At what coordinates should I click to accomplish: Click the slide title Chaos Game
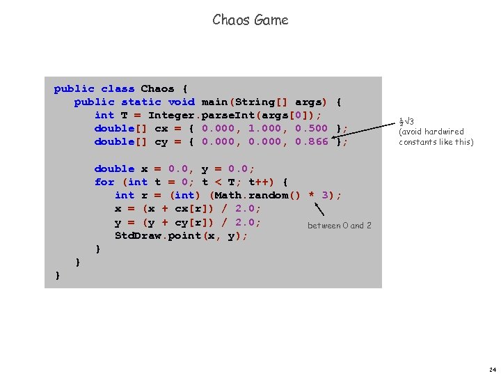[250, 20]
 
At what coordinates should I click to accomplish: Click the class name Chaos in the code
[158, 89]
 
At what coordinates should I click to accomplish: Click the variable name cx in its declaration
[161, 129]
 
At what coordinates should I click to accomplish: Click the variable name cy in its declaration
[161, 142]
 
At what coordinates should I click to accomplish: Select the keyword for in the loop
[104, 182]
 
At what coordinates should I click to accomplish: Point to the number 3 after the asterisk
[326, 196]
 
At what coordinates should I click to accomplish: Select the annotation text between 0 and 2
[340, 226]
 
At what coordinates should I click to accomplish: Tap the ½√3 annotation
[406, 121]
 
